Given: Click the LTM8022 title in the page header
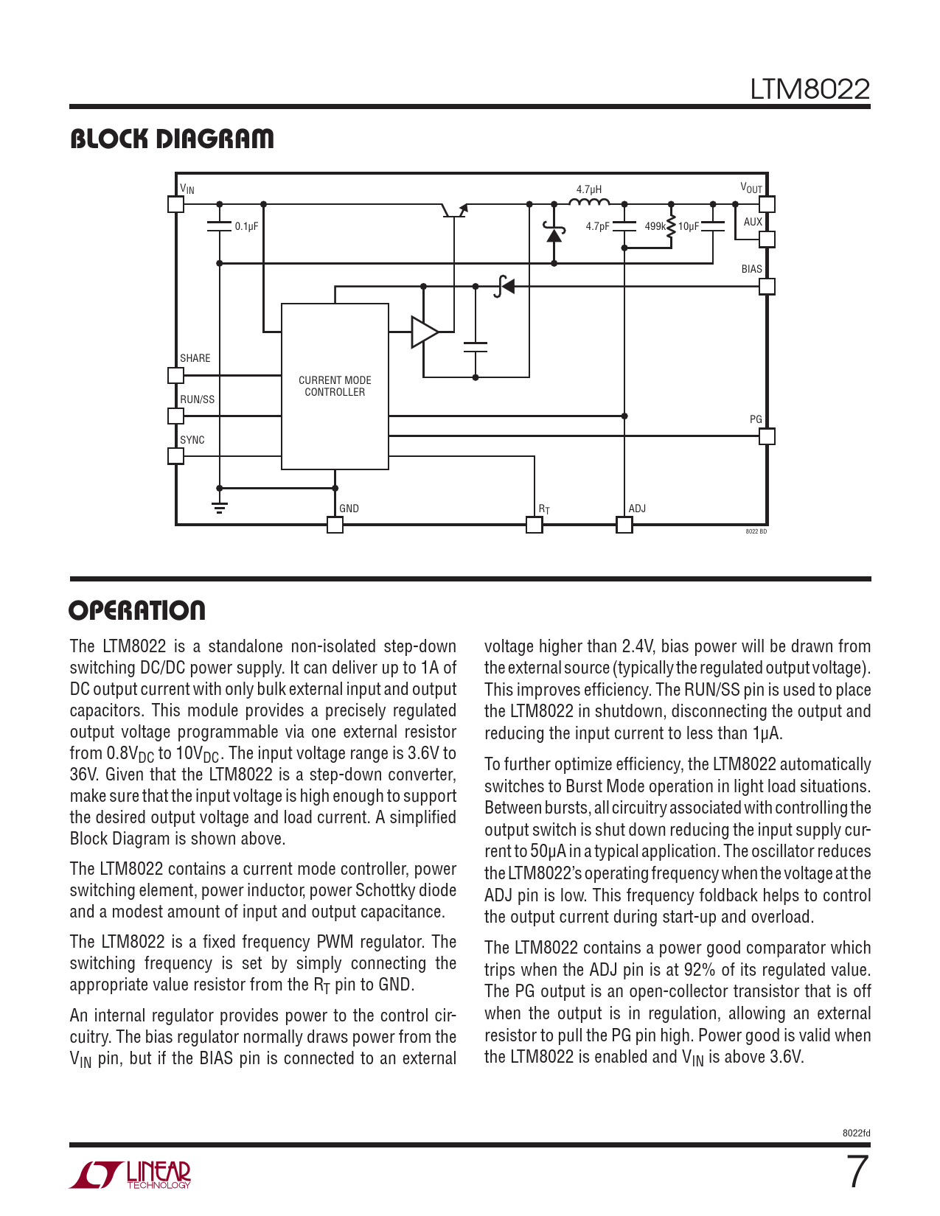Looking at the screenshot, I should point(810,89).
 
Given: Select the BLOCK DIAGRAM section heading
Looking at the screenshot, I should point(172,139).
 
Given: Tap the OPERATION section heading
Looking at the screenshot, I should point(137,610).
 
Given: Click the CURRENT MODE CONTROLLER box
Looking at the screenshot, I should point(335,386).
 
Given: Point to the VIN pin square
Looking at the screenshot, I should point(175,204).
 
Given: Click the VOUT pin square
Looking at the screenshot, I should point(767,204).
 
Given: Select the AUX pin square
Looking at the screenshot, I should point(767,239).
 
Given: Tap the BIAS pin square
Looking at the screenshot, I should point(767,286).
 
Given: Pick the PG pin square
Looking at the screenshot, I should point(767,436).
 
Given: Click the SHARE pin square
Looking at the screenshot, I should point(175,375).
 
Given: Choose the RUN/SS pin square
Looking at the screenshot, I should point(175,416).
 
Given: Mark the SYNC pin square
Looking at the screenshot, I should point(175,456).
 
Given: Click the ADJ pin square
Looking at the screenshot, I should point(624,525).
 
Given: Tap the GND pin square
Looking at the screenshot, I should point(335,525).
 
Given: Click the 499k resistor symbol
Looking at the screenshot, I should point(671,226).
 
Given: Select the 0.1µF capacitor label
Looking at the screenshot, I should point(246,226).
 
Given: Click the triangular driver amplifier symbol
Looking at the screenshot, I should point(424,332).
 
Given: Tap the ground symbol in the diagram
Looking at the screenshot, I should point(219,506).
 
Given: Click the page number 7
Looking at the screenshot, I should point(857,1172).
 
